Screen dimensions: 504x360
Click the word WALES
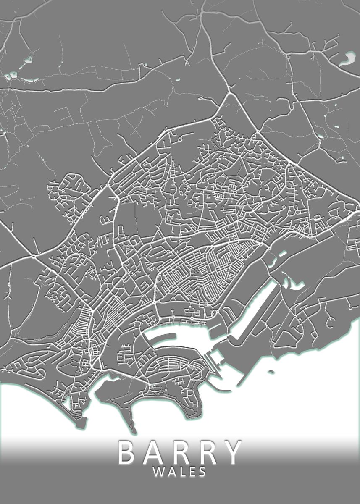point(180,472)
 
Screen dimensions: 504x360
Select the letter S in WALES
point(202,472)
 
